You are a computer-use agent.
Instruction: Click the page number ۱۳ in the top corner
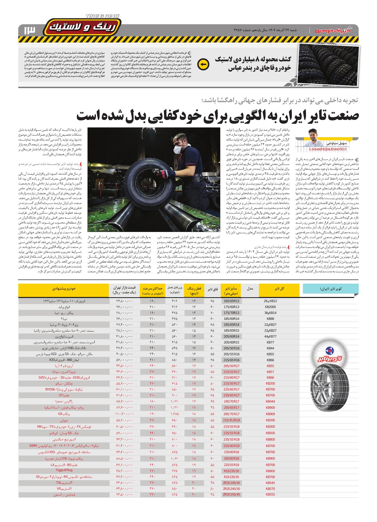click(29, 30)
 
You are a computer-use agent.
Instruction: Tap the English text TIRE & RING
click(102, 16)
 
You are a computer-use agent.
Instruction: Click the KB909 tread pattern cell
click(270, 414)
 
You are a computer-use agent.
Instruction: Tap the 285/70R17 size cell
click(231, 414)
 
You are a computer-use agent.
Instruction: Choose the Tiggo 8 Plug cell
click(65, 470)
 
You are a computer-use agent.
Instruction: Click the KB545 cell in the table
click(270, 482)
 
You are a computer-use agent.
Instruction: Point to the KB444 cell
click(270, 401)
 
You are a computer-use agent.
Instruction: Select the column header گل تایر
click(279, 288)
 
